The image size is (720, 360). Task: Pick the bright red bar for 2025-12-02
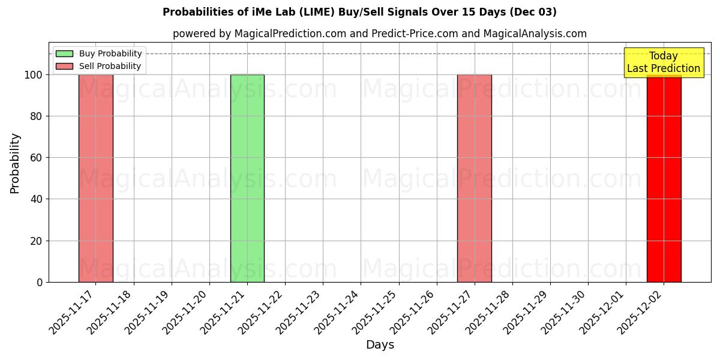(x=664, y=180)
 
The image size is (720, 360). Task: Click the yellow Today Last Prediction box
(x=664, y=62)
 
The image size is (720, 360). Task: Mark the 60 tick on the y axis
(x=37, y=158)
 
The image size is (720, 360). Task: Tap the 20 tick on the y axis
(x=37, y=241)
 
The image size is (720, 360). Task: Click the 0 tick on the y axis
(x=40, y=283)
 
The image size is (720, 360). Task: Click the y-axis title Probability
(x=15, y=163)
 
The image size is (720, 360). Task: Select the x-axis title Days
(x=380, y=345)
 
